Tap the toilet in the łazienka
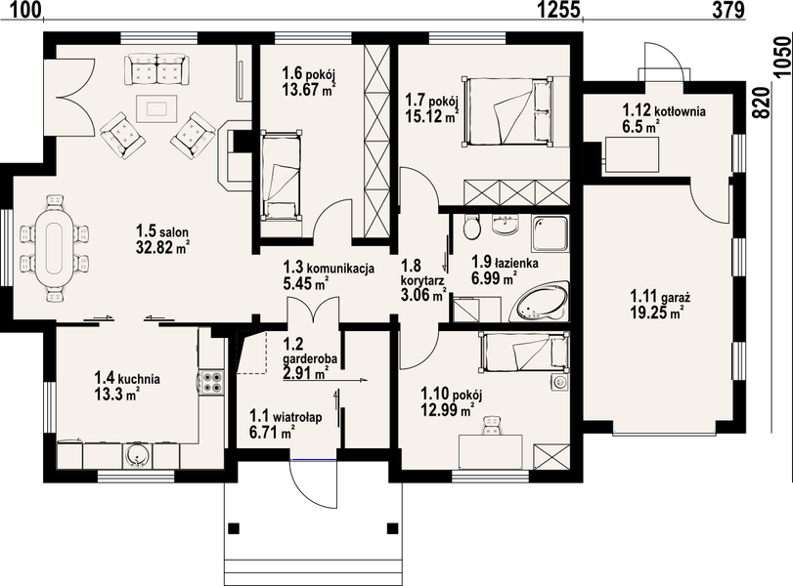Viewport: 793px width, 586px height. (472, 227)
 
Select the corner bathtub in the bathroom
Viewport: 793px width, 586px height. (541, 302)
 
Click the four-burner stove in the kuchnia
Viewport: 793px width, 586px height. (211, 382)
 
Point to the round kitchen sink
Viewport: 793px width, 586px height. (137, 455)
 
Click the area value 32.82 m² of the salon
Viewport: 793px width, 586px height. (163, 247)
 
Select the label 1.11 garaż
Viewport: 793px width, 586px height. (660, 297)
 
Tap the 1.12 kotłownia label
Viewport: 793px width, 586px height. (664, 110)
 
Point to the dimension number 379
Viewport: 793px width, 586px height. (728, 10)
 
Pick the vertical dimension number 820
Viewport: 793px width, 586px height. (764, 103)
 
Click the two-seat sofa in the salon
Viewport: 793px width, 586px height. (157, 68)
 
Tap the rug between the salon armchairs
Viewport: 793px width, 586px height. (156, 108)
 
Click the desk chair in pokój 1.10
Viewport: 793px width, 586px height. (491, 426)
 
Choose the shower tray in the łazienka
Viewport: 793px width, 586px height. (551, 233)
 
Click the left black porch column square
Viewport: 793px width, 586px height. (233, 528)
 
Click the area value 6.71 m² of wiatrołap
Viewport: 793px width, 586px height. (272, 433)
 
